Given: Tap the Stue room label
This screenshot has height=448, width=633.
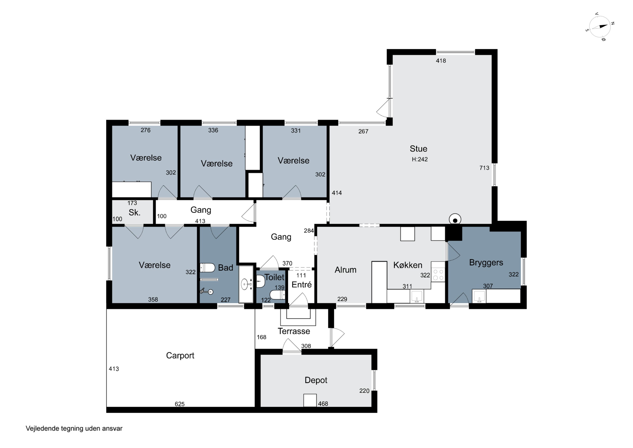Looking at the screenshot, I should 418,149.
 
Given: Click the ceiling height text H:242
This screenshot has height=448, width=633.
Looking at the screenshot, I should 420,159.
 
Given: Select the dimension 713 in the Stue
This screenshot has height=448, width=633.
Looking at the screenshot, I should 484,168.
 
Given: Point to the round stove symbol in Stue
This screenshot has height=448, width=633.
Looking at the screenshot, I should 455,220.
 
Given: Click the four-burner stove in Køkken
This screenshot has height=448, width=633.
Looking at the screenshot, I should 438,275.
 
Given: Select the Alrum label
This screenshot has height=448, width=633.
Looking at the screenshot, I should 345,270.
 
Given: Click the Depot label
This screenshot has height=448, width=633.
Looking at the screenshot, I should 316,380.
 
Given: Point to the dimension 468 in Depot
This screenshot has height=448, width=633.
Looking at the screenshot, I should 323,404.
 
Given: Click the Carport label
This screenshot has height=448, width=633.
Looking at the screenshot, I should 180,355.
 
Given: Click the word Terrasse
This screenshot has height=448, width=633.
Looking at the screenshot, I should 294,331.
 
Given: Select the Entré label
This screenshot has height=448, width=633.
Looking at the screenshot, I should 301,285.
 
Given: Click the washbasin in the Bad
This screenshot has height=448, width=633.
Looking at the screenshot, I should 245,284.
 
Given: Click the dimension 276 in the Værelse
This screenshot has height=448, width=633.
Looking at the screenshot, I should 145,130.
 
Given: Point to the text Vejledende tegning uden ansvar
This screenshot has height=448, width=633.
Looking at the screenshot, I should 74,428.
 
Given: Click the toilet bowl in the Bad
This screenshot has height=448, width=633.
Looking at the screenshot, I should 207,268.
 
